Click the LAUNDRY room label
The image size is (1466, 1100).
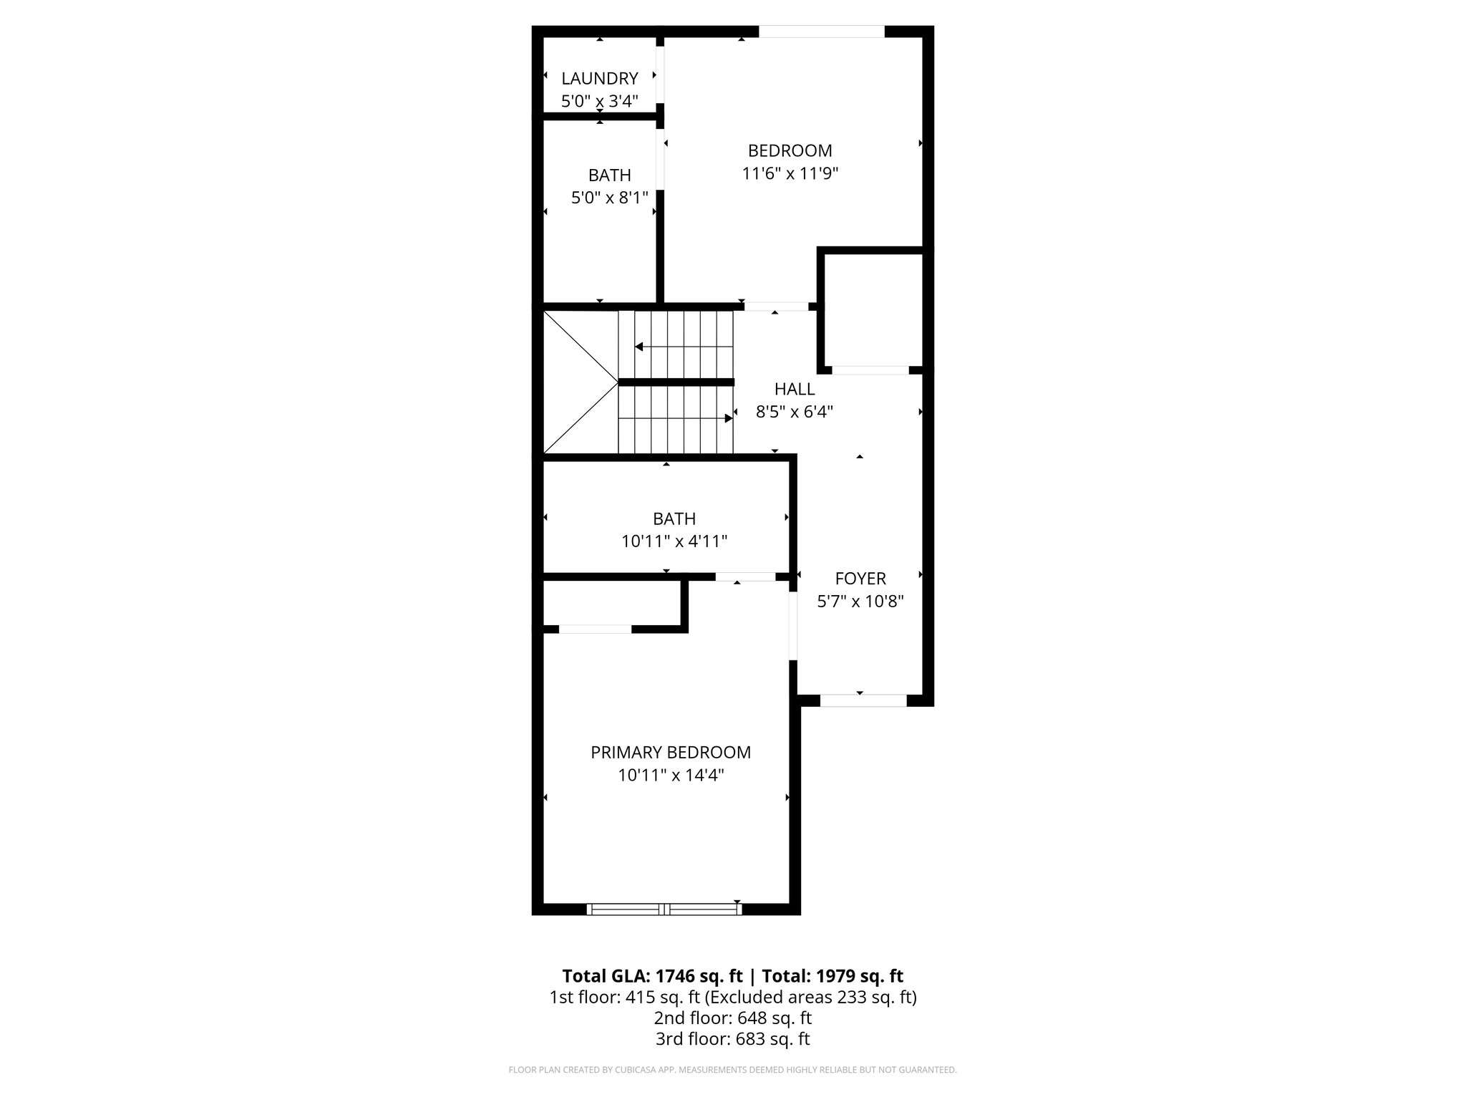point(599,78)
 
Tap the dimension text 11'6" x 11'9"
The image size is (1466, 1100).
point(790,173)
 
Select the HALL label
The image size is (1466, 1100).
point(794,389)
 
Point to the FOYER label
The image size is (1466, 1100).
point(860,578)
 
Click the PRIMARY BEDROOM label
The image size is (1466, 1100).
point(670,752)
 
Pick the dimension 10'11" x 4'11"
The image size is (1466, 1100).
point(674,541)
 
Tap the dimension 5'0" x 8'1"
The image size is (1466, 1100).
point(609,198)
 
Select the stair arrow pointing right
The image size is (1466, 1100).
point(729,418)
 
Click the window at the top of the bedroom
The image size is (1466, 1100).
point(821,32)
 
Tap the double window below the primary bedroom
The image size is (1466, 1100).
point(664,910)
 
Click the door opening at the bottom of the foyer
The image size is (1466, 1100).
point(863,700)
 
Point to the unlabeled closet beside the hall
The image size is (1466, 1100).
point(871,310)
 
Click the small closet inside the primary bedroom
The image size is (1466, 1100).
point(611,602)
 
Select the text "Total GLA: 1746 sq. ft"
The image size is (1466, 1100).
point(653,976)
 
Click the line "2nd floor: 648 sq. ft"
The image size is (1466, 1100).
point(732,1018)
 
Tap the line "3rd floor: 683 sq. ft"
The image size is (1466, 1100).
point(732,1039)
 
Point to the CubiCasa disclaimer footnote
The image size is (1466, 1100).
point(732,1070)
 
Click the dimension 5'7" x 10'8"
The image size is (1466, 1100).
point(860,602)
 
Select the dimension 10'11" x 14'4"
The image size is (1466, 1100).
point(671,775)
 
